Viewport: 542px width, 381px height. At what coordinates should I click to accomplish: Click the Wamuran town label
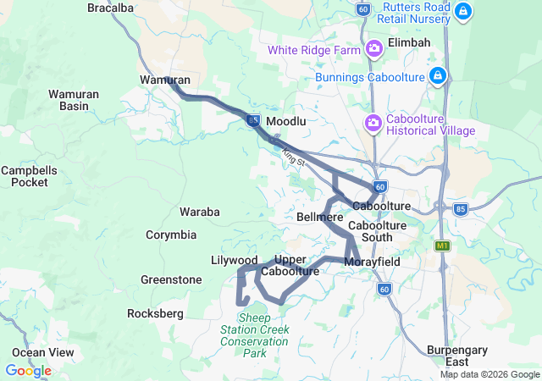163,80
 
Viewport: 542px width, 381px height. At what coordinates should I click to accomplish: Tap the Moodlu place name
285,122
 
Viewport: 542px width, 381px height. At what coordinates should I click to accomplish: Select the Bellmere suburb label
320,218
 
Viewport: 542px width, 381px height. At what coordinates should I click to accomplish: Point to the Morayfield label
372,262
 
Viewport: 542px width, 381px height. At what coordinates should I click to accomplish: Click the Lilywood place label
234,260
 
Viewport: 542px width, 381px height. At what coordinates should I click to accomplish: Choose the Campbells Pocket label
29,176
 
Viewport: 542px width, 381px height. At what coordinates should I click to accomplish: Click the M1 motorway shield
441,246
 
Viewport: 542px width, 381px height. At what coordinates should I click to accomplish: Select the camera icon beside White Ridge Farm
374,50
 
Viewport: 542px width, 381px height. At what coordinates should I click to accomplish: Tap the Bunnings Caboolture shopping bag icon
437,77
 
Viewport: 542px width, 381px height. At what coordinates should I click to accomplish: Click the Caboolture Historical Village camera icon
373,124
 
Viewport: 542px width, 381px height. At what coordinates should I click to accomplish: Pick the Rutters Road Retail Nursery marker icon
462,11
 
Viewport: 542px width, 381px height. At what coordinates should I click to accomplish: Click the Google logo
28,371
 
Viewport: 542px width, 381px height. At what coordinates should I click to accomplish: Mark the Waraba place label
200,212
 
